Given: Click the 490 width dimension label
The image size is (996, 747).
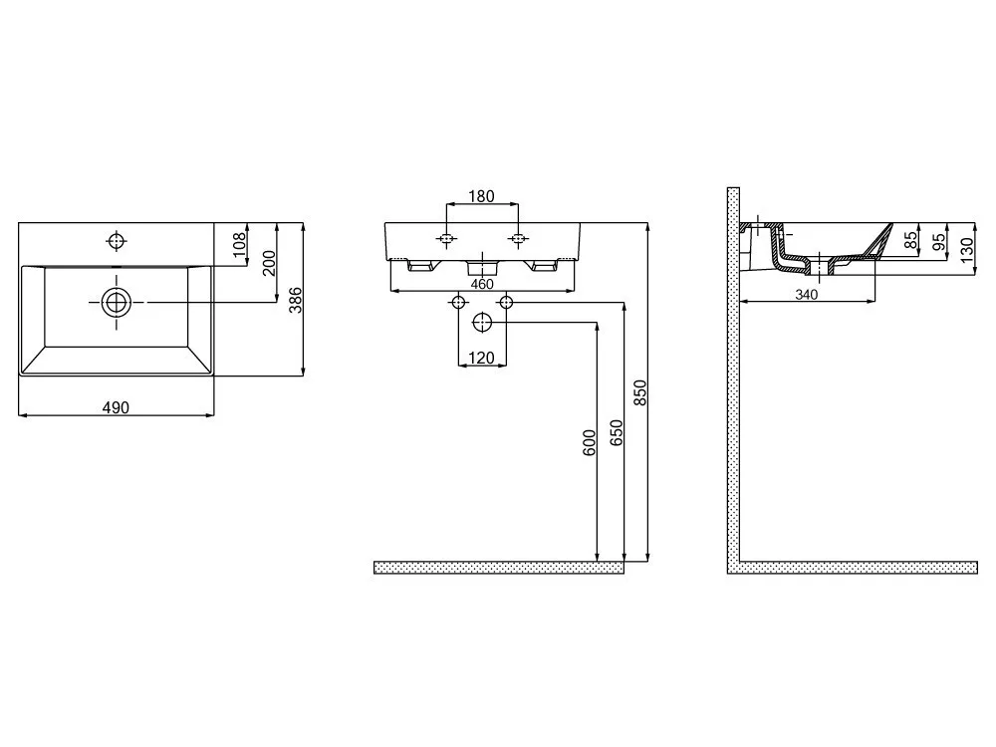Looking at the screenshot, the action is coord(116,407).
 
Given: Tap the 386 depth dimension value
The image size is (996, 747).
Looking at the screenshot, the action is coord(296,300).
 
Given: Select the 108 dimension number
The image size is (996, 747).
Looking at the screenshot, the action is coord(239,245).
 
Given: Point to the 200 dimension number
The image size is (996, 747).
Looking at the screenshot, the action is coord(269,263).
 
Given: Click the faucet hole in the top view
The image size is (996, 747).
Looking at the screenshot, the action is coord(117,241).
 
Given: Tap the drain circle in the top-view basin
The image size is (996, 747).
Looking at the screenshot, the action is coord(117,303).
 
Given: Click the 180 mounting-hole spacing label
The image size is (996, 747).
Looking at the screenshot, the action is coord(481,196).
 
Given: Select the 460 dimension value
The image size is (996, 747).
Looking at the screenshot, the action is coord(482,284).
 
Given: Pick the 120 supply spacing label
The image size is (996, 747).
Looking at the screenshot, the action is coord(481,359).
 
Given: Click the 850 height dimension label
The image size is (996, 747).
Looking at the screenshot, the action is coord(639,392).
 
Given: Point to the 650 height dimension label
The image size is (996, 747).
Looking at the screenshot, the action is coord(617,432).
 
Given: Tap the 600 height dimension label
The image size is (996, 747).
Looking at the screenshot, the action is coord(590,443).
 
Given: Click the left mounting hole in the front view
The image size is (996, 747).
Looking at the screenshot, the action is coord(447,239).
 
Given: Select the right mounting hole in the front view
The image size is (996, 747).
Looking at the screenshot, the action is coord(518,239).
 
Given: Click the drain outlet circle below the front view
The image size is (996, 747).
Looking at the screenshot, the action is coord(483,322).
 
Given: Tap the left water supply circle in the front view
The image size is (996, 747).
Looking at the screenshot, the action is coord(458,303).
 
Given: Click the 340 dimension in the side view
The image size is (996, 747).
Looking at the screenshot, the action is coord(806,295).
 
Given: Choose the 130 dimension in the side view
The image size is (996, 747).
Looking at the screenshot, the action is coord(967,250).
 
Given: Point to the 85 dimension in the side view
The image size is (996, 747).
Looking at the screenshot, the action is coord(911,239).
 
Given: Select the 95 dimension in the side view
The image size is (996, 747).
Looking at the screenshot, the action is coord(938,242).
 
